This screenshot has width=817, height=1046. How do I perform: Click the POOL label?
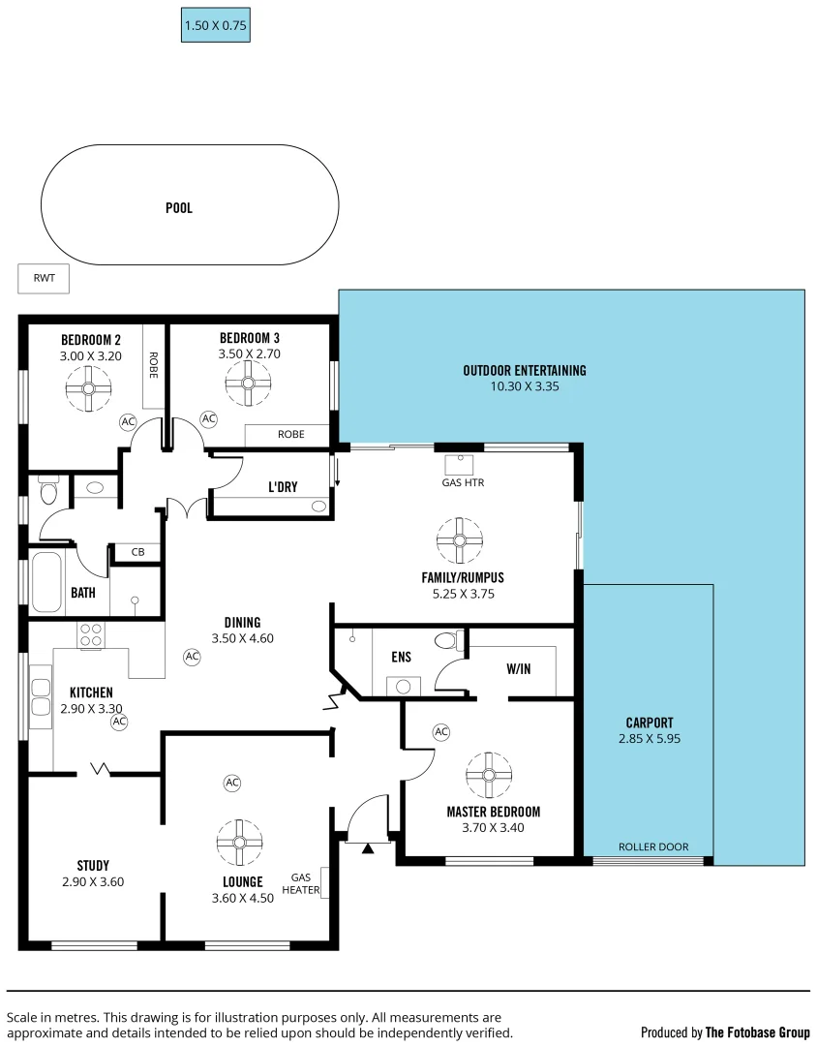[178, 208]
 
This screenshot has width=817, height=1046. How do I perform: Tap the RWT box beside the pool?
[45, 278]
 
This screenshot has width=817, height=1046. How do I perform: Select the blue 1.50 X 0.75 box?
[216, 26]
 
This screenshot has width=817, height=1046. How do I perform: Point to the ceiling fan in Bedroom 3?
[248, 384]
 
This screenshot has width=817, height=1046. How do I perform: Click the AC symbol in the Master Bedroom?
[441, 732]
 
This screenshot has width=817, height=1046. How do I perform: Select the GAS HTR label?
[462, 481]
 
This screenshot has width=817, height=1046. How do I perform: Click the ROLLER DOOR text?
[653, 846]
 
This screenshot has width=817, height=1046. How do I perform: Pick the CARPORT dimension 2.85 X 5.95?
[649, 738]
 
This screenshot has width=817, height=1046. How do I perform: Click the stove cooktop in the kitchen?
[91, 635]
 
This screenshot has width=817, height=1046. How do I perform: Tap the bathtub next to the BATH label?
[46, 581]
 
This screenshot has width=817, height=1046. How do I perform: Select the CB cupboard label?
[137, 552]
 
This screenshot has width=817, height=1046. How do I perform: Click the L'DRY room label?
[283, 487]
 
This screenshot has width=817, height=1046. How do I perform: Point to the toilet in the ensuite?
[446, 640]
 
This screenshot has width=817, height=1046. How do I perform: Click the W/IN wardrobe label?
[518, 668]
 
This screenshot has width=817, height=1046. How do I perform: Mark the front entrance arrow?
[367, 848]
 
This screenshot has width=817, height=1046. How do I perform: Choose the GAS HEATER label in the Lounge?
[300, 884]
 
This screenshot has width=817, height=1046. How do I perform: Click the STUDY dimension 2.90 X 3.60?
[92, 881]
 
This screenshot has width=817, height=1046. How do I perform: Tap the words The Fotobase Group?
[757, 1032]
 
